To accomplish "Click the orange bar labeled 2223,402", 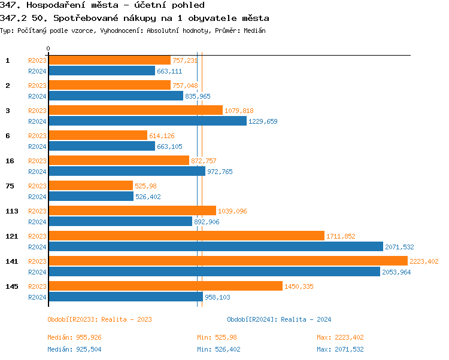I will tap(227, 261).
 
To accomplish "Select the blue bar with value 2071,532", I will tap(216, 246).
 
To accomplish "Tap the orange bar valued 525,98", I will tap(90, 185).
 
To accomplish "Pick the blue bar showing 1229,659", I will tap(147, 121).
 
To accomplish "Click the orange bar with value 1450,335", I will tap(165, 286).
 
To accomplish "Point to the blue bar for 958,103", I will tap(125, 297).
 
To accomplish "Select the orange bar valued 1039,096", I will tap(132, 210).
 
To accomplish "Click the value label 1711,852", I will tap(341, 236).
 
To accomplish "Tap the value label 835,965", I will tap(198, 96).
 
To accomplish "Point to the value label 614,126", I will tap(162, 136).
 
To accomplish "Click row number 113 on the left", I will tap(11, 210).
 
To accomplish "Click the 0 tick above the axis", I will tap(48, 48).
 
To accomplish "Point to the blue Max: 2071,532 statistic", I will tap(340, 349).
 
